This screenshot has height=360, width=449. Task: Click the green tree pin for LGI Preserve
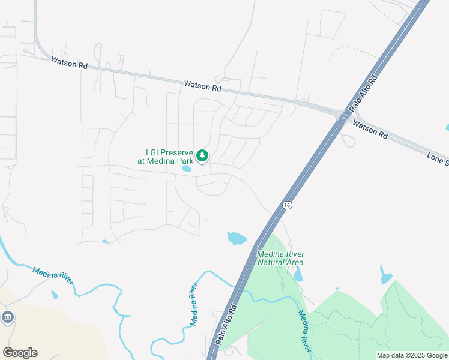point(202,156)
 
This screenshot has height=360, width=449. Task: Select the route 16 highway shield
point(288,205)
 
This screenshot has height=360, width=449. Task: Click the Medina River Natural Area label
point(280,258)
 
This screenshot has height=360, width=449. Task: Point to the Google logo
point(20,352)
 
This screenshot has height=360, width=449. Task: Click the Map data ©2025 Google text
point(412,355)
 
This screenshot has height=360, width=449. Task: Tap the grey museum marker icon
point(7,317)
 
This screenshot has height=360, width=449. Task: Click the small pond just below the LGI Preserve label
point(187,169)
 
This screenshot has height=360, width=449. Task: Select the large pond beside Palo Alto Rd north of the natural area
point(237,238)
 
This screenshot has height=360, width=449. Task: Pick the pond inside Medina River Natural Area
point(298,275)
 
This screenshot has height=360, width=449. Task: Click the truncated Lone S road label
point(438,159)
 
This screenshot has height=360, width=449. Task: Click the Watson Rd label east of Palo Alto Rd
point(370,129)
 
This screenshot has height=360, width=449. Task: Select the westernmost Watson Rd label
point(69,62)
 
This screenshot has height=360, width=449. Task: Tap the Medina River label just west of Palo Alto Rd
point(194,304)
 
